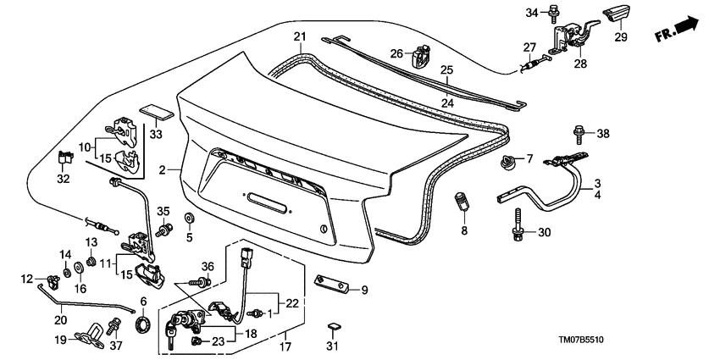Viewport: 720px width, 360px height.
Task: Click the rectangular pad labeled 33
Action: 154,113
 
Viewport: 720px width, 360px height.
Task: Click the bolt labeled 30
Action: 515,234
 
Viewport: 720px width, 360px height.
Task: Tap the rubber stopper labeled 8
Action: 462,204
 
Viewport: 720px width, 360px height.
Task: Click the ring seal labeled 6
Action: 143,324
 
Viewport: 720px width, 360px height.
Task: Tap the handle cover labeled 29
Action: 616,16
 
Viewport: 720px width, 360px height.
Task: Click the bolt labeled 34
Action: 553,12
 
